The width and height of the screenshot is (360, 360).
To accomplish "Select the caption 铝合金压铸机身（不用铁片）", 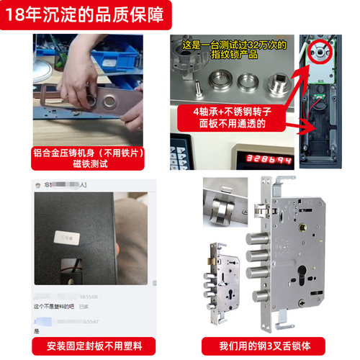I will click(92, 153).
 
